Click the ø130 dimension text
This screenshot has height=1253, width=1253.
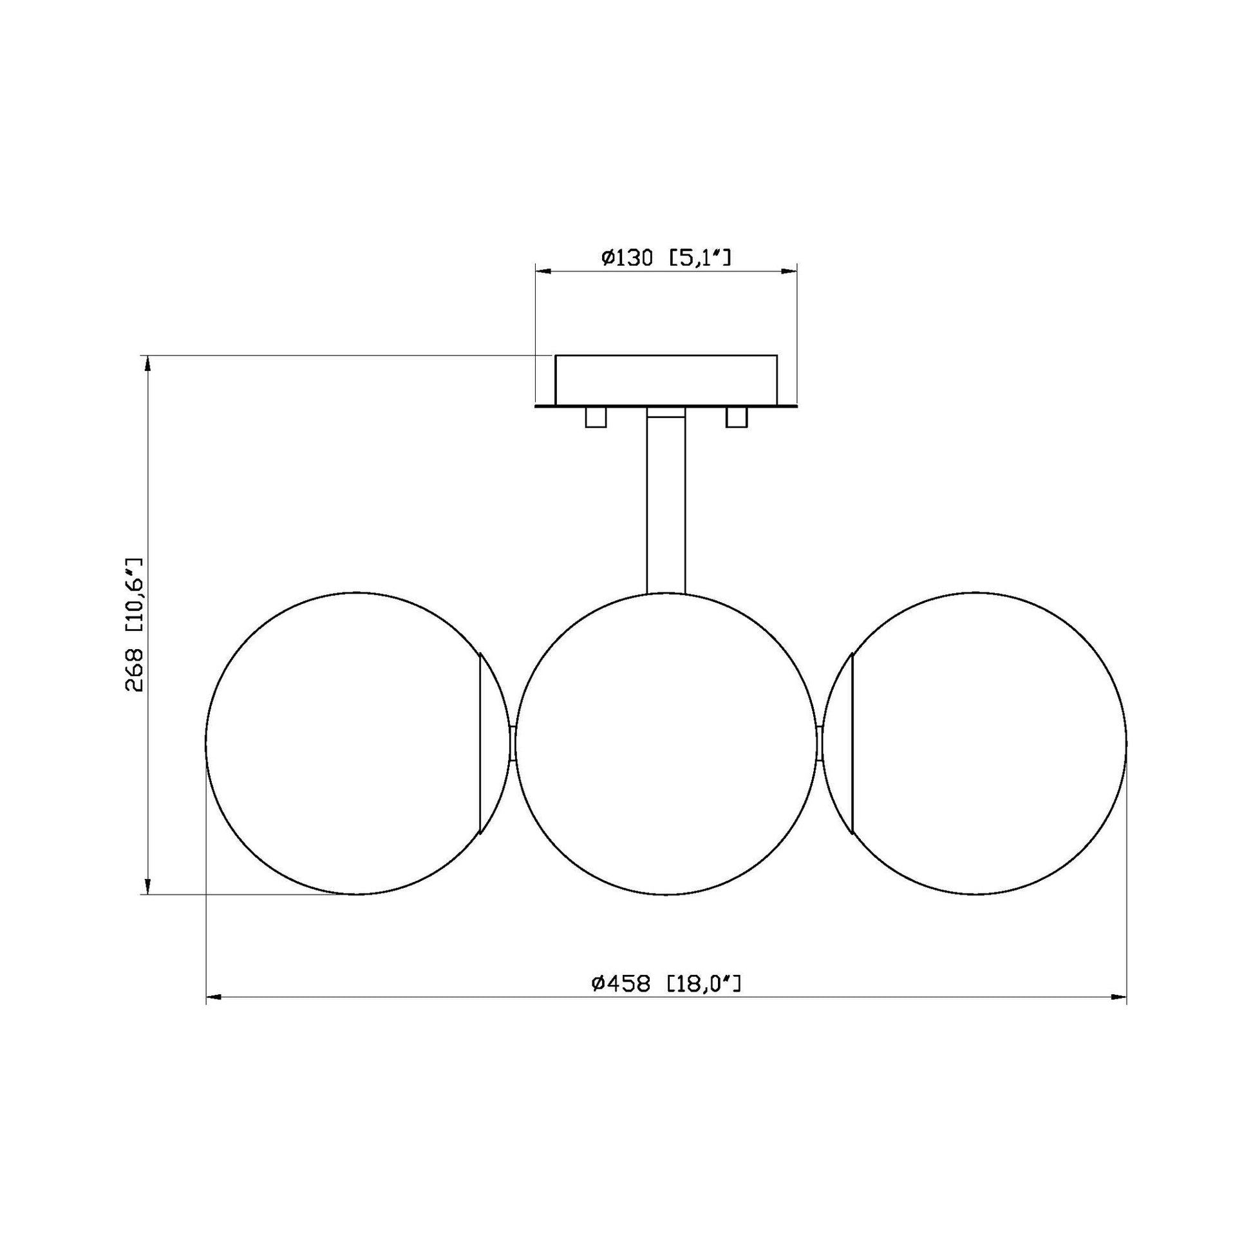coord(626,258)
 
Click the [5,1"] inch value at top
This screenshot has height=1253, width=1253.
coord(700,258)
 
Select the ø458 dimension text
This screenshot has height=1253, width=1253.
coord(621,1002)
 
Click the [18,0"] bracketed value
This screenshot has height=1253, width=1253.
coord(704,1002)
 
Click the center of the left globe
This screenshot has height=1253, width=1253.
coord(357,743)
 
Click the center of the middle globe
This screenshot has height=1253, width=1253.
coord(666,743)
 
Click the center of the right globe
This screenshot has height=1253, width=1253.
coord(975,743)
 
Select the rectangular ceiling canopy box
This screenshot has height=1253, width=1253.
coord(665,380)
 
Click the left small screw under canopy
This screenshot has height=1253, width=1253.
coord(596,417)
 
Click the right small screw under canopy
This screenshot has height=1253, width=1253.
coord(736,417)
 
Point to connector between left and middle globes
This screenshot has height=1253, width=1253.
coord(513,744)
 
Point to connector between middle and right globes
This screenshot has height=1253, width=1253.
coord(820,744)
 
